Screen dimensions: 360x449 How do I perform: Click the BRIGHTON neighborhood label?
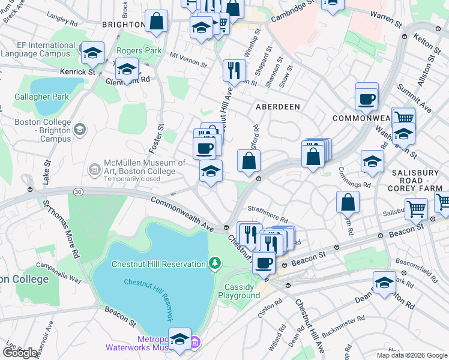[123, 25]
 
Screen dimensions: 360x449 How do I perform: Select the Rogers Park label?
[139, 51]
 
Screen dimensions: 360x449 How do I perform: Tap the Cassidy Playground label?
[239, 291]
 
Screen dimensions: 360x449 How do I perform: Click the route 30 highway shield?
[78, 191]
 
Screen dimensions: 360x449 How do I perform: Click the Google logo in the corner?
[20, 353]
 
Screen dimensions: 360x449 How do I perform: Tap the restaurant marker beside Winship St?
[233, 70]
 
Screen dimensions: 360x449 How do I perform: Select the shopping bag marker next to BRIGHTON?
[156, 22]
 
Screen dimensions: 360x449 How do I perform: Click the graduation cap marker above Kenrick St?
[92, 53]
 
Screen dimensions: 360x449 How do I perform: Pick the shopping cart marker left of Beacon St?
[415, 209]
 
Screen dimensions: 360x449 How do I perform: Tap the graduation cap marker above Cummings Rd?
[372, 161]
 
